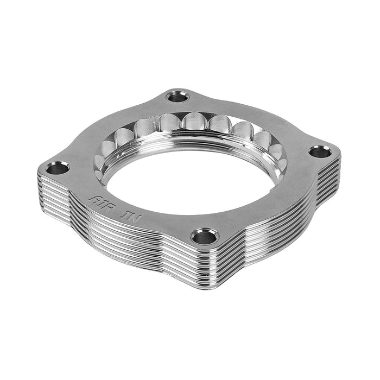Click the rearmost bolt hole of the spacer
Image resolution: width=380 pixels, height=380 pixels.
(x=175, y=97)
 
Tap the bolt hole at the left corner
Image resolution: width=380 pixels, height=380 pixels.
(x=56, y=168)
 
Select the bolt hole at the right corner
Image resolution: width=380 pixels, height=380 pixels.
(x=320, y=150)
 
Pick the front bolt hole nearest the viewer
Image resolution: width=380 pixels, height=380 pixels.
(x=205, y=236)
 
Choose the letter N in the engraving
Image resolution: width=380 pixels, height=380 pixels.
(x=130, y=209)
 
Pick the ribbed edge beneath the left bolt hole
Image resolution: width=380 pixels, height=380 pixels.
(x=52, y=190)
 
